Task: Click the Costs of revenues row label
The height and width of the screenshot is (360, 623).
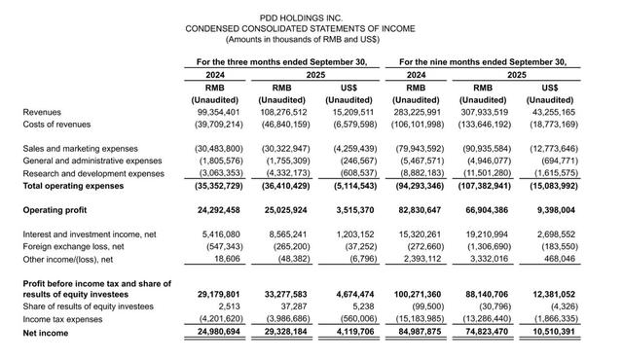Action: coord(56,124)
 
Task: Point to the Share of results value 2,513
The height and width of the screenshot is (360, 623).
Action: coord(229,305)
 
